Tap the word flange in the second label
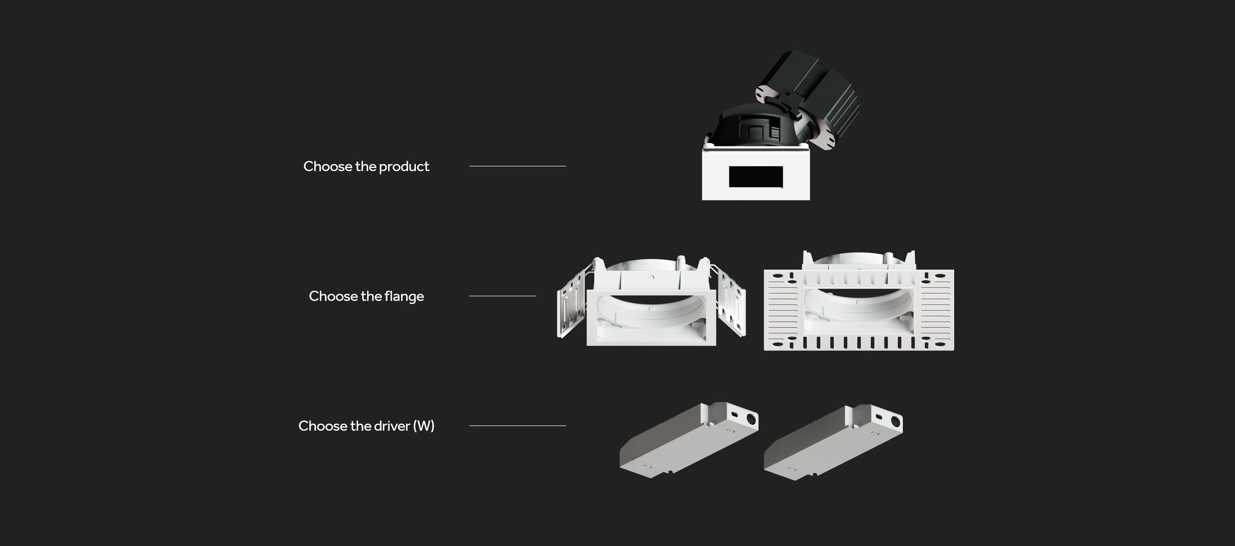click(x=404, y=296)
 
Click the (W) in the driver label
click(x=424, y=426)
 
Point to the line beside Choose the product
click(x=518, y=166)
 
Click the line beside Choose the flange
click(x=503, y=296)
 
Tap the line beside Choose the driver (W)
click(x=518, y=425)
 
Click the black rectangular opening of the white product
click(x=756, y=177)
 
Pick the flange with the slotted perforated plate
click(x=859, y=301)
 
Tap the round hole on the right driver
click(x=895, y=422)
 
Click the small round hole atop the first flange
click(x=651, y=277)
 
